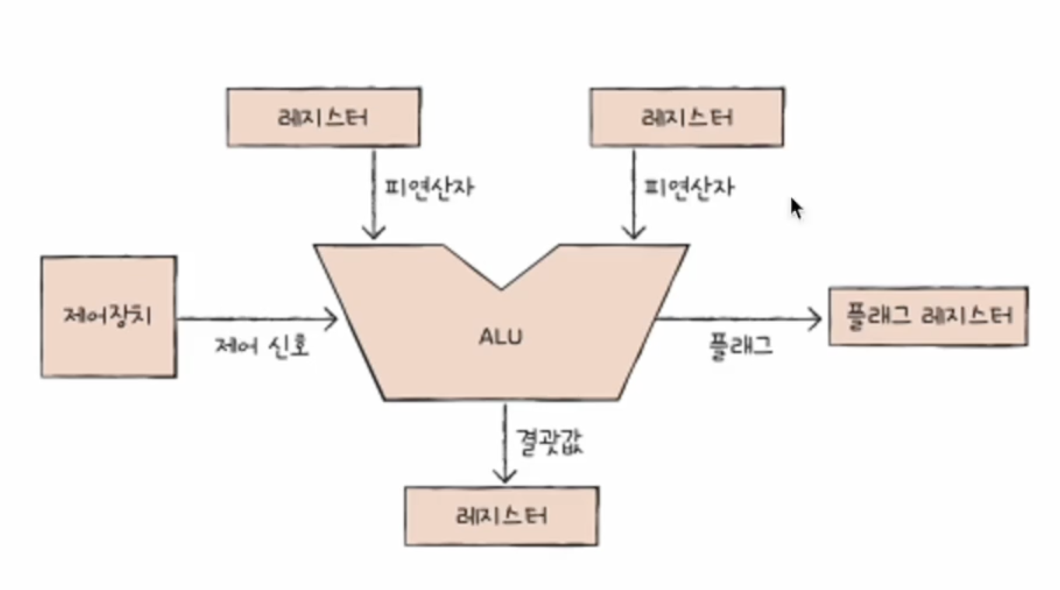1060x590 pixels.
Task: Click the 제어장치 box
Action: coord(109,317)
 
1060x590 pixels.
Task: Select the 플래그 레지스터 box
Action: coord(928,316)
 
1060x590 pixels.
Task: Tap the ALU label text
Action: coord(501,337)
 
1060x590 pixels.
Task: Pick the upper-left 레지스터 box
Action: coord(323,117)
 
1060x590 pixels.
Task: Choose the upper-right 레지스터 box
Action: coord(686,117)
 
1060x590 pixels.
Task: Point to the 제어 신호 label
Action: coord(262,345)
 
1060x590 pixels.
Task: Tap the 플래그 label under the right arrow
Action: coord(741,345)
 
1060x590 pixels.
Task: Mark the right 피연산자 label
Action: coord(688,187)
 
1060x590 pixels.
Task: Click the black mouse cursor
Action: coord(796,208)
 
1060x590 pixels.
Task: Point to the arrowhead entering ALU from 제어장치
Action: coord(333,318)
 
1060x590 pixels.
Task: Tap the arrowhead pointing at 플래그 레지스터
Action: coord(816,318)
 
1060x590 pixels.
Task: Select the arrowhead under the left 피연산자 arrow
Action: coord(374,233)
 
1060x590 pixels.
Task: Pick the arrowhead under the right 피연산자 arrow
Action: coord(633,233)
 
